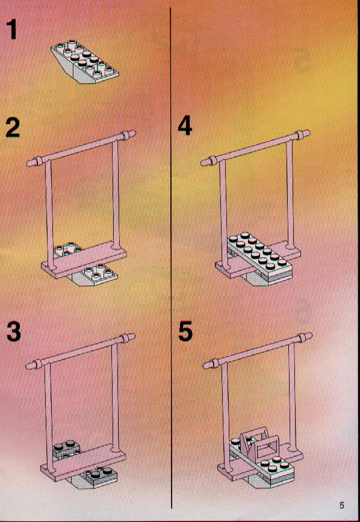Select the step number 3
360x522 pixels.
click(13, 331)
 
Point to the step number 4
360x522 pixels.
click(185, 126)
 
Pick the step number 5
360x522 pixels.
click(185, 331)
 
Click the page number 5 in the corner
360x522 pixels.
click(342, 505)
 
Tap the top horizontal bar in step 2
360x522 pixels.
click(81, 148)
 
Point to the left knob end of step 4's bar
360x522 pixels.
click(206, 162)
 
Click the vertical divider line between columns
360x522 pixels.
click(171, 258)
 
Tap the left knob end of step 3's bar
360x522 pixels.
click(31, 365)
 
